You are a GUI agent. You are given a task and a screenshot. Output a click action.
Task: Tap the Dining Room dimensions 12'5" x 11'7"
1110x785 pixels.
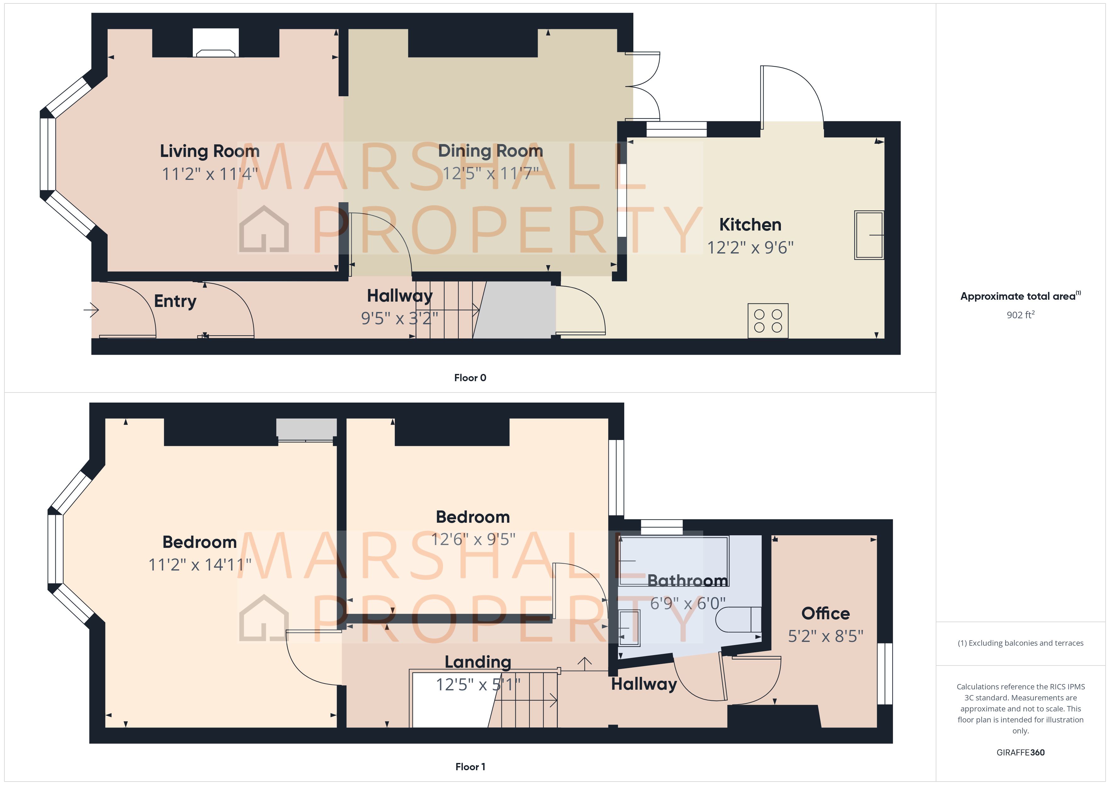(x=490, y=173)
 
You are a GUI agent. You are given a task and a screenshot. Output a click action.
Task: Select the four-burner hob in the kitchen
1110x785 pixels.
(x=768, y=320)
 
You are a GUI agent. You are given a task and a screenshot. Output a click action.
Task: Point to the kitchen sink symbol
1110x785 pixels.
(x=869, y=235)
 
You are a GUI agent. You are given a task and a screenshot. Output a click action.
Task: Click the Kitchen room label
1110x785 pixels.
(x=750, y=225)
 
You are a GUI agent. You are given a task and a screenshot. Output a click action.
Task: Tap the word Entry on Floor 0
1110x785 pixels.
(x=175, y=301)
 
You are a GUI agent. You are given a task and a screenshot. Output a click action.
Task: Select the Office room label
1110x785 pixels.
(x=825, y=613)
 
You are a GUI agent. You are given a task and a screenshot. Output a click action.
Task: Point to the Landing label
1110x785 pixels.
(x=478, y=662)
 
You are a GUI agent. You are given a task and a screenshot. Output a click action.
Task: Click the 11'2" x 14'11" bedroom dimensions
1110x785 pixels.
(x=200, y=565)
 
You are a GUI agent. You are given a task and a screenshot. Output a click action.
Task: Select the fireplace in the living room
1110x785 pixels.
(x=216, y=43)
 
